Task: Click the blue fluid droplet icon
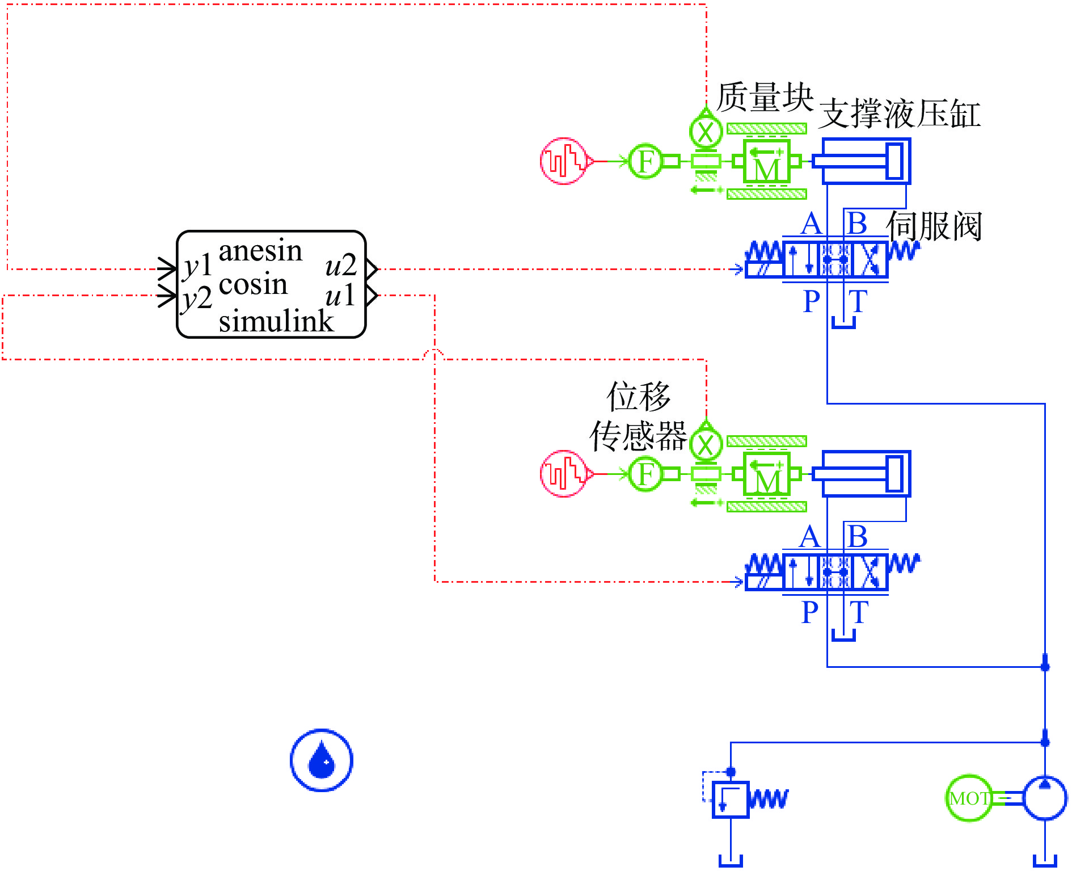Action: click(322, 760)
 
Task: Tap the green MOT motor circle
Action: click(969, 798)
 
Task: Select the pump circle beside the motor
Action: click(1045, 798)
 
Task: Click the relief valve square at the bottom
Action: click(731, 800)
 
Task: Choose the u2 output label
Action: click(341, 266)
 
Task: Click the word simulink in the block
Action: click(276, 321)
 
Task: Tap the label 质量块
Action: click(765, 97)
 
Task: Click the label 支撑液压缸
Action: click(900, 113)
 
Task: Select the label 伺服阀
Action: click(934, 226)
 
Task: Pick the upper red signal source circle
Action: click(563, 161)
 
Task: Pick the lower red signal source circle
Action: click(563, 474)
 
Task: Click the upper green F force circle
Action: click(646, 161)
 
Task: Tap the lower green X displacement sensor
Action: click(706, 445)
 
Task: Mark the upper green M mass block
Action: click(767, 162)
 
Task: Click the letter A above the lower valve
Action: click(810, 537)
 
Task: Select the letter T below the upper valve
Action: click(858, 301)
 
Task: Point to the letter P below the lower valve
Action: click(810, 613)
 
